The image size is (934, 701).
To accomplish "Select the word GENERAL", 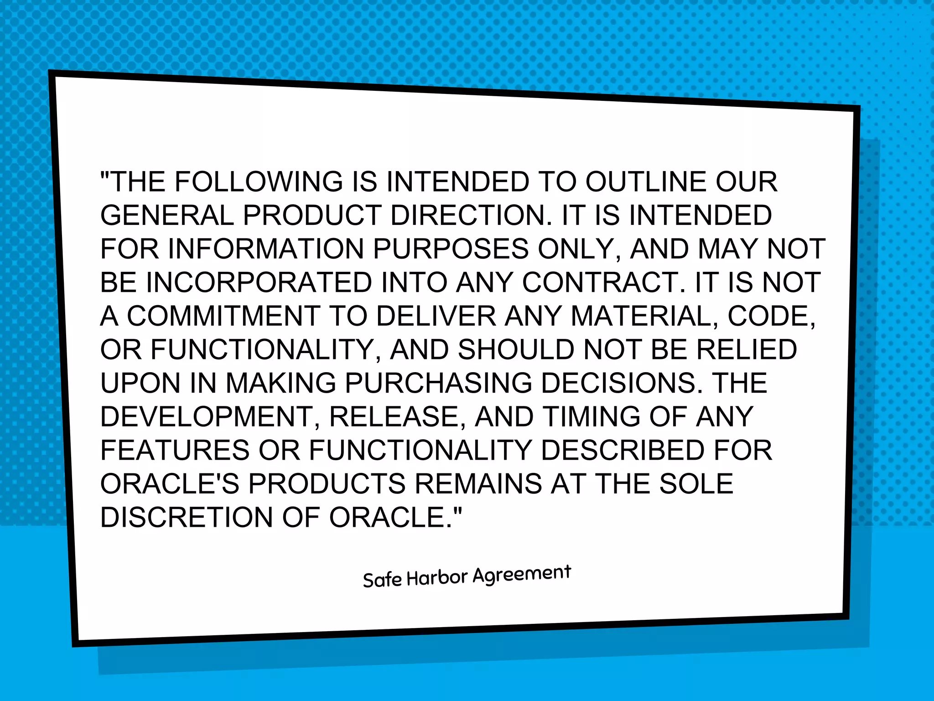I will (x=167, y=215).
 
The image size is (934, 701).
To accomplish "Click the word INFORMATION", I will (x=266, y=249).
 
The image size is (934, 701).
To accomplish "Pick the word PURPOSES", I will (x=451, y=249).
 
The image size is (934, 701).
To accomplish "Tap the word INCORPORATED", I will (x=259, y=282).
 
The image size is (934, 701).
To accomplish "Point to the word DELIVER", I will (x=436, y=316).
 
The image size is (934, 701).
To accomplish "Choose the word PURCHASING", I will (x=438, y=383).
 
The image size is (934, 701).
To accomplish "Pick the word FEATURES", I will (x=175, y=450).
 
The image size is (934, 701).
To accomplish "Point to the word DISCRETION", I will (x=187, y=517).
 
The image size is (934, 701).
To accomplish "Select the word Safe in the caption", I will (x=382, y=580).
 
